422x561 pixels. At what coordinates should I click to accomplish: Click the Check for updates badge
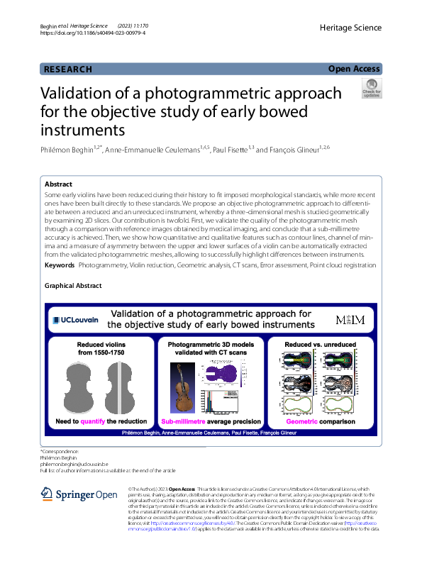(x=372, y=89)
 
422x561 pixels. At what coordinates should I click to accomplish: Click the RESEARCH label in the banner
(x=68, y=69)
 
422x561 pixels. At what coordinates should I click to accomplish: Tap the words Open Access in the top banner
(x=355, y=69)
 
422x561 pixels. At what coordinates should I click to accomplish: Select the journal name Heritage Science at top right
(x=351, y=28)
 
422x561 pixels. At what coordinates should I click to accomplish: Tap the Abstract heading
(x=59, y=183)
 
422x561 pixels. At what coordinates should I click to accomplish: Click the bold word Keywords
(x=60, y=265)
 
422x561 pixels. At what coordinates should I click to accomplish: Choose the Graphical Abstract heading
(x=73, y=286)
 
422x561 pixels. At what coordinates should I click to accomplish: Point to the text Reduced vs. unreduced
(x=318, y=343)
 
